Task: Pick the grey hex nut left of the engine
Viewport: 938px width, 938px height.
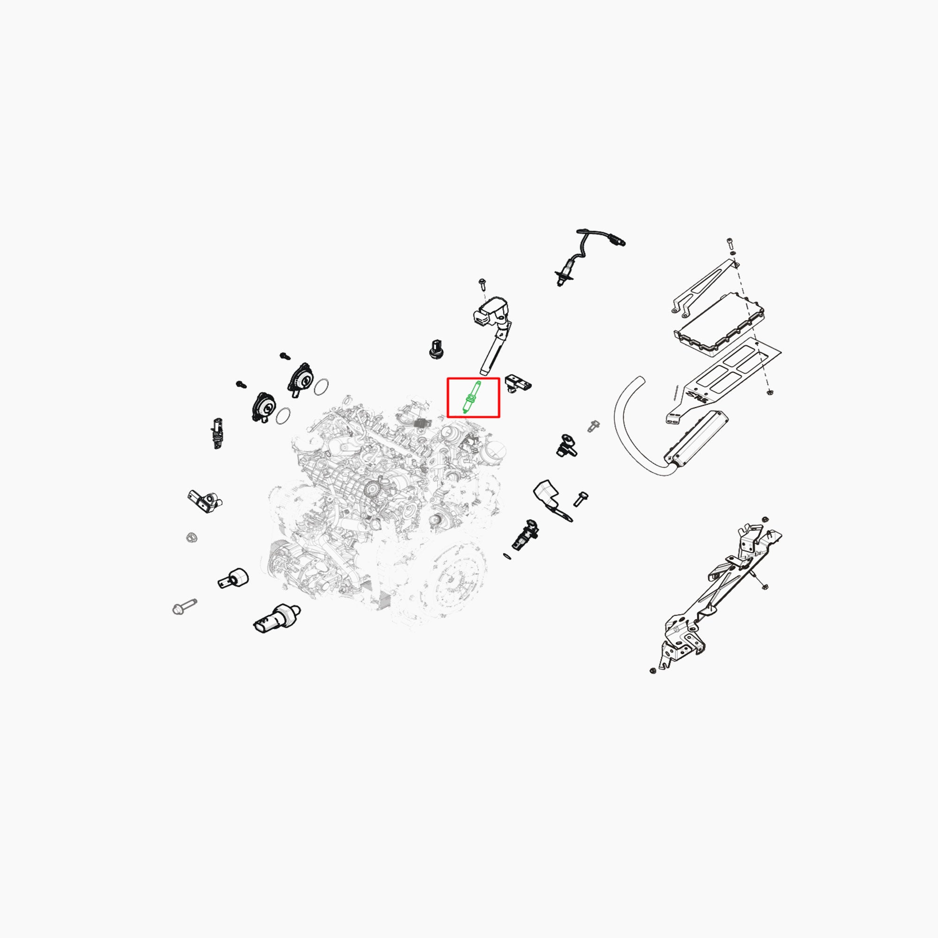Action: click(x=191, y=537)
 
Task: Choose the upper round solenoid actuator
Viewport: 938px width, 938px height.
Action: click(x=302, y=378)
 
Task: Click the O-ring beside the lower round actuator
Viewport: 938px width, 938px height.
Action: click(x=284, y=416)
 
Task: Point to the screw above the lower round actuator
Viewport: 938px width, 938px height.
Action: click(x=241, y=385)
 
